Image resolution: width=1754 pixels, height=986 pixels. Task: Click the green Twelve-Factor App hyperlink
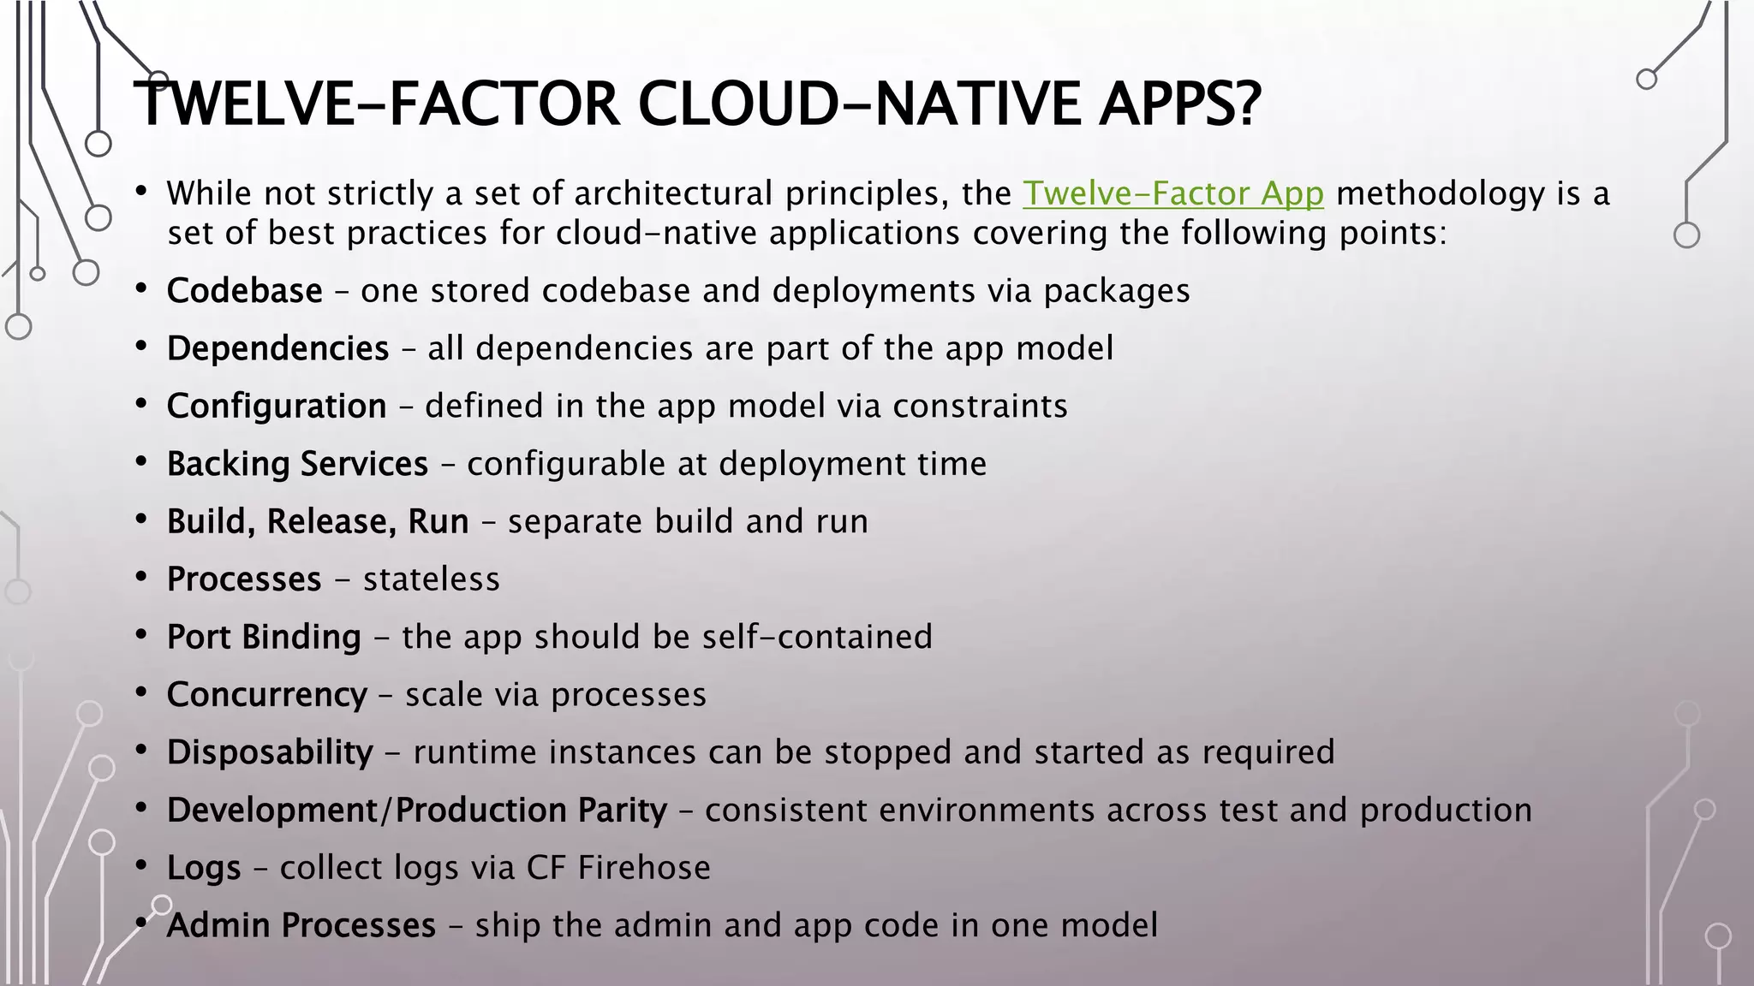click(1173, 194)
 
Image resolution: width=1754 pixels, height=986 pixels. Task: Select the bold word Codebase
click(244, 291)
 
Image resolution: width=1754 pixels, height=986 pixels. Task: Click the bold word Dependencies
click(277, 349)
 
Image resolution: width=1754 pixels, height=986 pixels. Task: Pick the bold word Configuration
click(277, 407)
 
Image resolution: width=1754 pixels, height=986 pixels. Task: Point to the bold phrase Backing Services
click(297, 464)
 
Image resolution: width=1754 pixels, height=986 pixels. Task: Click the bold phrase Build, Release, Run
click(318, 521)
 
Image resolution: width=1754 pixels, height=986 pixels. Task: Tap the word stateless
click(431, 579)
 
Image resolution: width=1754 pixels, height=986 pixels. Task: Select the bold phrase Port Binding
click(264, 637)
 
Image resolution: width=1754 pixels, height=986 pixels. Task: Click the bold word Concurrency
click(266, 695)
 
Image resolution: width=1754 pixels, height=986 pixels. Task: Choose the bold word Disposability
click(270, 752)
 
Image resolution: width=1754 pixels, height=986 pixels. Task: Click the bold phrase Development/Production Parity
click(416, 811)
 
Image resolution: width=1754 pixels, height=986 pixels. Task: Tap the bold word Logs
click(204, 868)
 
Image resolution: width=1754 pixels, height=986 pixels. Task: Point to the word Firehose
click(644, 868)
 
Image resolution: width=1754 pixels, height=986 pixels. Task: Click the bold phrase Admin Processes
click(301, 926)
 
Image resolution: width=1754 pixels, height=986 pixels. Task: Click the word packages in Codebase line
click(1116, 291)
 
